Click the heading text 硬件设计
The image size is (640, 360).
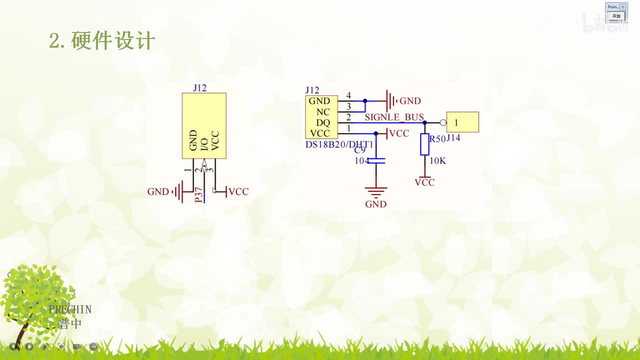click(x=113, y=41)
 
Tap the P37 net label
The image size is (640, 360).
click(x=199, y=195)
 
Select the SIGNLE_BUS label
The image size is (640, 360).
click(x=394, y=117)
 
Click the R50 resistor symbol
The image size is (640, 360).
click(x=424, y=144)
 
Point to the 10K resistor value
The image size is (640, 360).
click(x=437, y=161)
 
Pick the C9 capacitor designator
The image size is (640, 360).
click(x=360, y=150)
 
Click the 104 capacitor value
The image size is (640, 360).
click(x=362, y=161)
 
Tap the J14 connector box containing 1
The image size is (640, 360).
click(x=462, y=122)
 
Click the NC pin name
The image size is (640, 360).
click(x=323, y=112)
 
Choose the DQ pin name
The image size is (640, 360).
click(x=323, y=122)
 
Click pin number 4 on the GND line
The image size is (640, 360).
click(x=348, y=95)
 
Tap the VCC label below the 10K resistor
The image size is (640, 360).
click(x=424, y=182)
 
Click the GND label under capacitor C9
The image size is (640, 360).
click(x=375, y=204)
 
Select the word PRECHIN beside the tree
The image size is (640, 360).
click(x=70, y=309)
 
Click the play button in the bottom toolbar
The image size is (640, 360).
click(x=29, y=346)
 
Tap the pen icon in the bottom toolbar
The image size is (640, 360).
click(x=45, y=346)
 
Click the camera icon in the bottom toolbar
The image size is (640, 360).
click(x=77, y=346)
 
